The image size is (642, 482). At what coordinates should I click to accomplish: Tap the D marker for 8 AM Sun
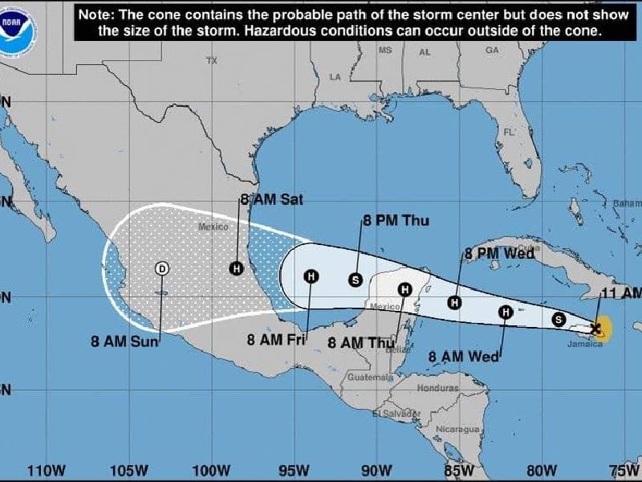162,268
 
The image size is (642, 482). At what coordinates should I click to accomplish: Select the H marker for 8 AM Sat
236,268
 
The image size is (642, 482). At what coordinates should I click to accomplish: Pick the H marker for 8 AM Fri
311,276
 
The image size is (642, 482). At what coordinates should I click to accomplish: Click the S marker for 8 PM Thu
356,280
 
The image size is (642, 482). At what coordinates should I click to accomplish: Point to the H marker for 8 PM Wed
455,302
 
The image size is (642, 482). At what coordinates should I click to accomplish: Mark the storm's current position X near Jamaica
595,328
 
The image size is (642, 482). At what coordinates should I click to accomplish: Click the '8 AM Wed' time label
463,356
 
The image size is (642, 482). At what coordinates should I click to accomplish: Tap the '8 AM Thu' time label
362,342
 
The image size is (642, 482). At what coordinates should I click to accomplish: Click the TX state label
212,61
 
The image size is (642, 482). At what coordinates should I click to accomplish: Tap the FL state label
509,131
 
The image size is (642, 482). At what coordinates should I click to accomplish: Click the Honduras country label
437,387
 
